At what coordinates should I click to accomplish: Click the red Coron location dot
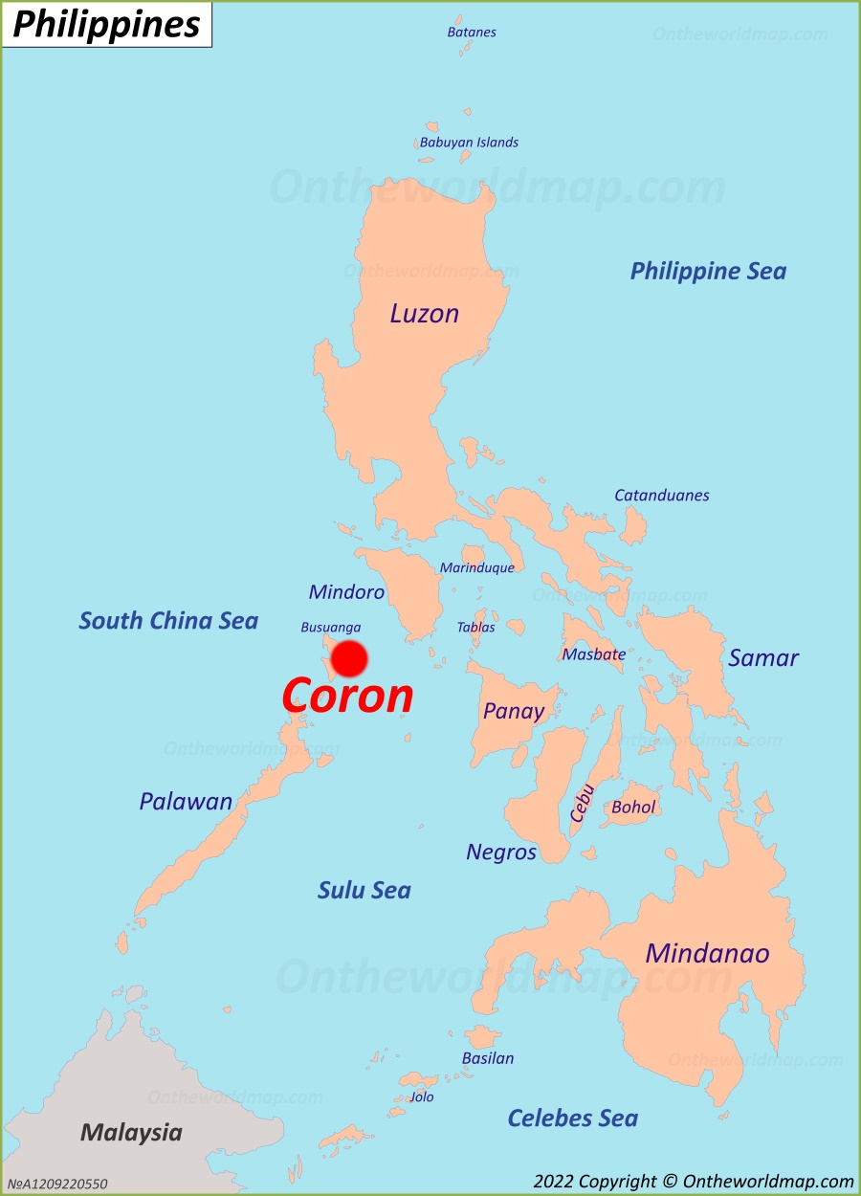click(x=349, y=658)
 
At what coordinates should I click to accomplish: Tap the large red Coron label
click(x=347, y=696)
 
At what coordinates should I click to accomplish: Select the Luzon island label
click(x=424, y=313)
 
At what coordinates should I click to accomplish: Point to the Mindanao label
click(x=707, y=953)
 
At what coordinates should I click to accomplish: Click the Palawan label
click(x=186, y=801)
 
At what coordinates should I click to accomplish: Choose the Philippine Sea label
click(x=708, y=271)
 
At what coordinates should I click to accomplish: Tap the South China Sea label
click(x=168, y=620)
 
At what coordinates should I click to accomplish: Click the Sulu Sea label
click(x=364, y=890)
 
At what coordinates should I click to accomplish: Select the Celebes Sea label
click(x=572, y=1118)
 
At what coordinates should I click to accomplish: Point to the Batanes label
click(x=472, y=32)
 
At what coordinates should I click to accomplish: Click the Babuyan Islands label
click(x=469, y=142)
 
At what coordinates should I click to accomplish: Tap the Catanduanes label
click(x=662, y=495)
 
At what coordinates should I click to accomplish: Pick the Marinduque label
click(x=476, y=567)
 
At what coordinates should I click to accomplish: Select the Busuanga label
click(x=331, y=628)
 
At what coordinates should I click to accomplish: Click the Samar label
click(x=763, y=657)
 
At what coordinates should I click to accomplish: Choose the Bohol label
click(x=633, y=807)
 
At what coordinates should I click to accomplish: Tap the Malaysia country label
click(x=131, y=1133)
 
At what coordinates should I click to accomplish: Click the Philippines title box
click(x=106, y=25)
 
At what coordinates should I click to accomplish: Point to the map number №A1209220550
click(x=57, y=1184)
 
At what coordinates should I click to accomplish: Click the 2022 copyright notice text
click(x=694, y=1182)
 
